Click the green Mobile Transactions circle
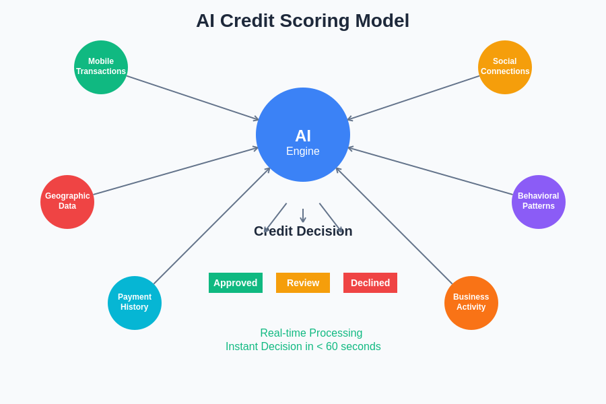(x=101, y=67)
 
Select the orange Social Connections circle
(x=505, y=67)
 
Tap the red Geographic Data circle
(x=67, y=202)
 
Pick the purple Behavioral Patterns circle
(x=539, y=202)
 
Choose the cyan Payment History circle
(x=135, y=303)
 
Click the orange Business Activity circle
(x=471, y=303)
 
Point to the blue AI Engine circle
(x=303, y=135)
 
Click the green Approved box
(x=236, y=283)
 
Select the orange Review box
(x=303, y=283)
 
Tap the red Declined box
(x=370, y=283)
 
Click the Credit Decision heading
(x=303, y=232)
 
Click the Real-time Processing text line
(x=311, y=333)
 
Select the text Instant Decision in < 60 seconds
(x=303, y=347)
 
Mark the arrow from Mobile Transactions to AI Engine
(x=192, y=98)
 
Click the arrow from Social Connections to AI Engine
(x=414, y=98)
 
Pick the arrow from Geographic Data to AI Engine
(x=175, y=171)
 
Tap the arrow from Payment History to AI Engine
(x=211, y=226)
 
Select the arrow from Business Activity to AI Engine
(x=395, y=226)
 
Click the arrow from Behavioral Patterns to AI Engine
(x=431, y=171)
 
